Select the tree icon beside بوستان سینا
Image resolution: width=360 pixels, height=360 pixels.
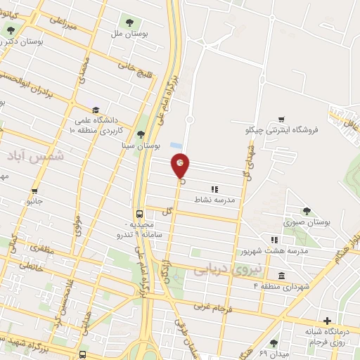pos(141,134)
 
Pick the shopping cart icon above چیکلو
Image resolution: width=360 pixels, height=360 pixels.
pos(281,119)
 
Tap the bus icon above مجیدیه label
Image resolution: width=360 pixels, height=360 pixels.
pos(139,214)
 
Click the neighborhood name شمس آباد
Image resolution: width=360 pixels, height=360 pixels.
pos(39,156)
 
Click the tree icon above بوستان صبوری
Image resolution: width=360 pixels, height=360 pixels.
pos(306,210)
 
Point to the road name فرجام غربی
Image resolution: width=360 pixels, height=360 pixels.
pos(219,307)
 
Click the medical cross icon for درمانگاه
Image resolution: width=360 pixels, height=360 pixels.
pos(326,320)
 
